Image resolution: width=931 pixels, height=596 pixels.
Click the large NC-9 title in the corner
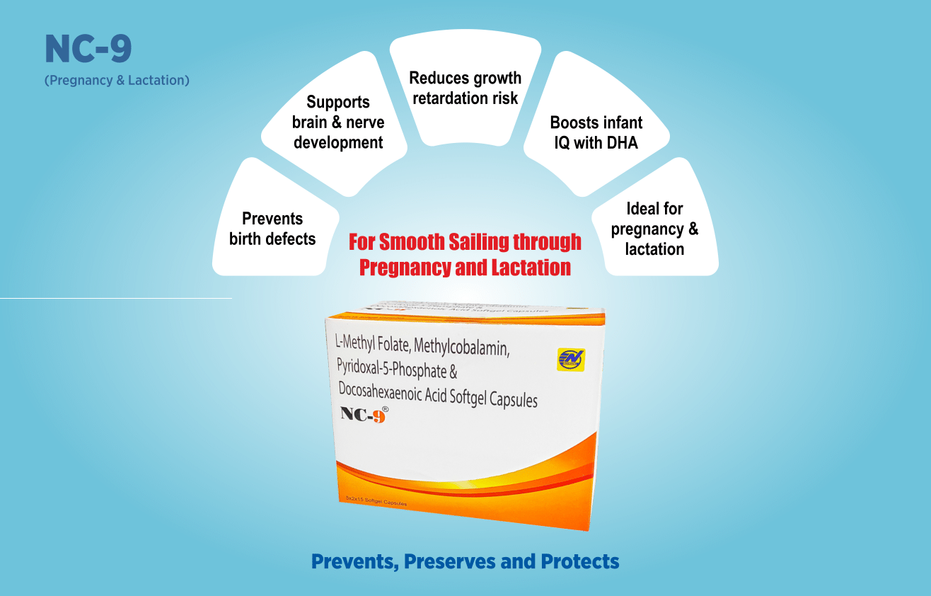[88, 50]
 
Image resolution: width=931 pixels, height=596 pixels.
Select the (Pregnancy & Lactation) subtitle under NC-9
[117, 80]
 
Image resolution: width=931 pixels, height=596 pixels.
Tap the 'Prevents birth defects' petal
[272, 228]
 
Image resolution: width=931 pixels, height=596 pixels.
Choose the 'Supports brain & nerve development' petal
[338, 122]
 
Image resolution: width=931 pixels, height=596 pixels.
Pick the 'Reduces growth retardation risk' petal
[466, 88]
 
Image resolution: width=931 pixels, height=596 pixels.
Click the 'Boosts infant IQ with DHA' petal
[596, 132]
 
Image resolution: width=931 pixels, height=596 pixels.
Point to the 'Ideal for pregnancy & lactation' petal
[654, 228]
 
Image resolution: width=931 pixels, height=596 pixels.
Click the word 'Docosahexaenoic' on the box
[382, 391]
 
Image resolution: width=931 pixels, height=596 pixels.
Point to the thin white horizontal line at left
[116, 298]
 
